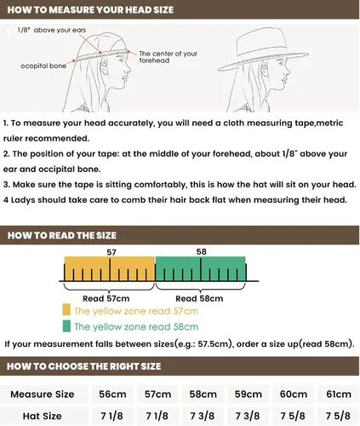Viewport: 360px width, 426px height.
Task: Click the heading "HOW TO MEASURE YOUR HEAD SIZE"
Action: point(90,10)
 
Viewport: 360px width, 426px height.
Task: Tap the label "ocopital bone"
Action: point(43,66)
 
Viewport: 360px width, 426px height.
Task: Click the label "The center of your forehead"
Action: point(168,57)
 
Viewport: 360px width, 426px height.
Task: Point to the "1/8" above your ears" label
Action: point(51,30)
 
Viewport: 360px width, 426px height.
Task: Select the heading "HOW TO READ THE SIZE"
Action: point(62,235)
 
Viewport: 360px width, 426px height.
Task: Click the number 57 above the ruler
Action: point(111,252)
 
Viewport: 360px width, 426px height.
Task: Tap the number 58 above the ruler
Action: point(201,251)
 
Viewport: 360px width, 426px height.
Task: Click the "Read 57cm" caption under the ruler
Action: point(106,298)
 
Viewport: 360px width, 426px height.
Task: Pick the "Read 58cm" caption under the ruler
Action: point(199,298)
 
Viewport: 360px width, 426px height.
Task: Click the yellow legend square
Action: point(66,309)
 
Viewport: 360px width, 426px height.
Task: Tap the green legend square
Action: point(66,326)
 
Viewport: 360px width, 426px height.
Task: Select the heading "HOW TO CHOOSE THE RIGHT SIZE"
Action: point(84,366)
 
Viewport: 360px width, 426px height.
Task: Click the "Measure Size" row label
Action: point(43,394)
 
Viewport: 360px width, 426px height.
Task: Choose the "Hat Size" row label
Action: point(43,416)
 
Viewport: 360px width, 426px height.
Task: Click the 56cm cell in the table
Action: point(112,394)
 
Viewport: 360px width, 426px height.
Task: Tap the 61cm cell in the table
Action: point(339,394)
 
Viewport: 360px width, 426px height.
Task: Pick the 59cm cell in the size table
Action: point(248,394)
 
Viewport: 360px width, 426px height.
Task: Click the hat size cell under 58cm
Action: point(203,416)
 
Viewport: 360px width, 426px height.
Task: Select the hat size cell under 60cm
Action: point(293,416)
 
